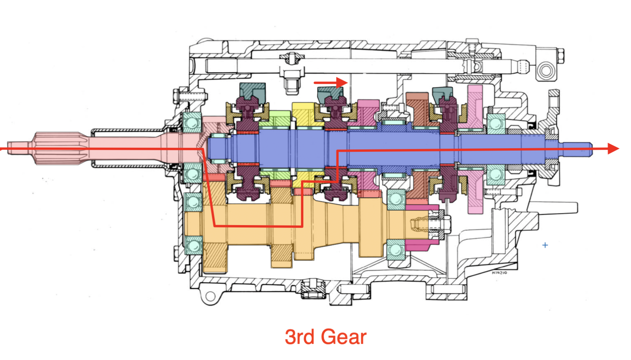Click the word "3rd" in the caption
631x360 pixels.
299,337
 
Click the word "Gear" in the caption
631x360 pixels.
344,337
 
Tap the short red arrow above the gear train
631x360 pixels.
331,82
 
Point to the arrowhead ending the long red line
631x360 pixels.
614,148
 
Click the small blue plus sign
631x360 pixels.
545,245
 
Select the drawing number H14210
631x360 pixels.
499,273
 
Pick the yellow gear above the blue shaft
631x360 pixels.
304,115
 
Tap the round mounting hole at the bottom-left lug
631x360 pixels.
210,296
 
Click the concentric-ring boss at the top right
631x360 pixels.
546,71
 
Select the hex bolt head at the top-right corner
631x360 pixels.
560,56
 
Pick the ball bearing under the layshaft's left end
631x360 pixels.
194,245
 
